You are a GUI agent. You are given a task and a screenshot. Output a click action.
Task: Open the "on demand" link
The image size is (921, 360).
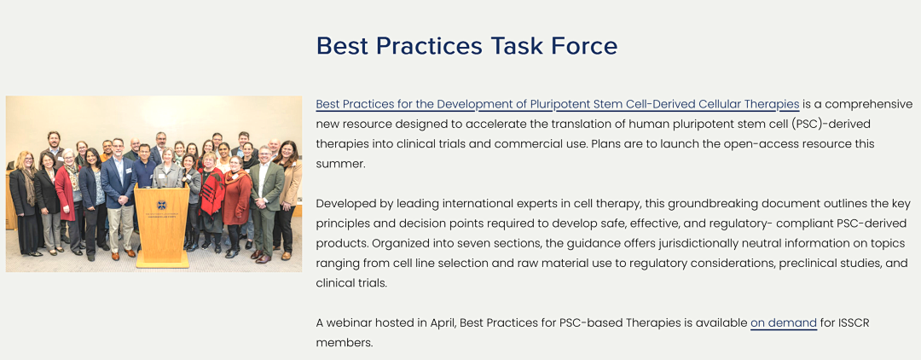click(784, 322)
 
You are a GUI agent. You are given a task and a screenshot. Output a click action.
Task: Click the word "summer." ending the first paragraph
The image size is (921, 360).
click(340, 164)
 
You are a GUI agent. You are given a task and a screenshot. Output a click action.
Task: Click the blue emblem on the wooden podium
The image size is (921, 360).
click(161, 205)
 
